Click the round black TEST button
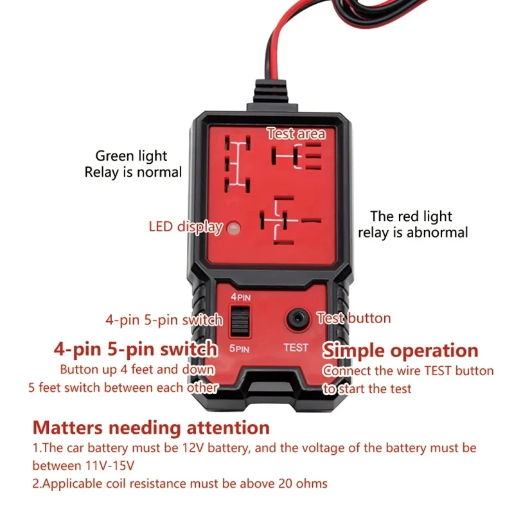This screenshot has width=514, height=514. [x=296, y=317]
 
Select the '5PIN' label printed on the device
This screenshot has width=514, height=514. [x=239, y=348]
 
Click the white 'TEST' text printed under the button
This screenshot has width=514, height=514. [x=296, y=348]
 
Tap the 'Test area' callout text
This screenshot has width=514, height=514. [x=296, y=134]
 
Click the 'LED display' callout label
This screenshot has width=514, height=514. [x=185, y=226]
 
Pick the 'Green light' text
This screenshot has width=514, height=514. [x=131, y=155]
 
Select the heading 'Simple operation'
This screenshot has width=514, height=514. [x=400, y=351]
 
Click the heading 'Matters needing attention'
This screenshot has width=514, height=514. [x=151, y=427]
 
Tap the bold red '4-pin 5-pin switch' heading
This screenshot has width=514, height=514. [x=136, y=350]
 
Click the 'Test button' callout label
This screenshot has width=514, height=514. [x=354, y=318]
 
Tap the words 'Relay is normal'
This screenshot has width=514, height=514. [x=133, y=172]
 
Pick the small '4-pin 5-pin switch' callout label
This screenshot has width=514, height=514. [x=164, y=320]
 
